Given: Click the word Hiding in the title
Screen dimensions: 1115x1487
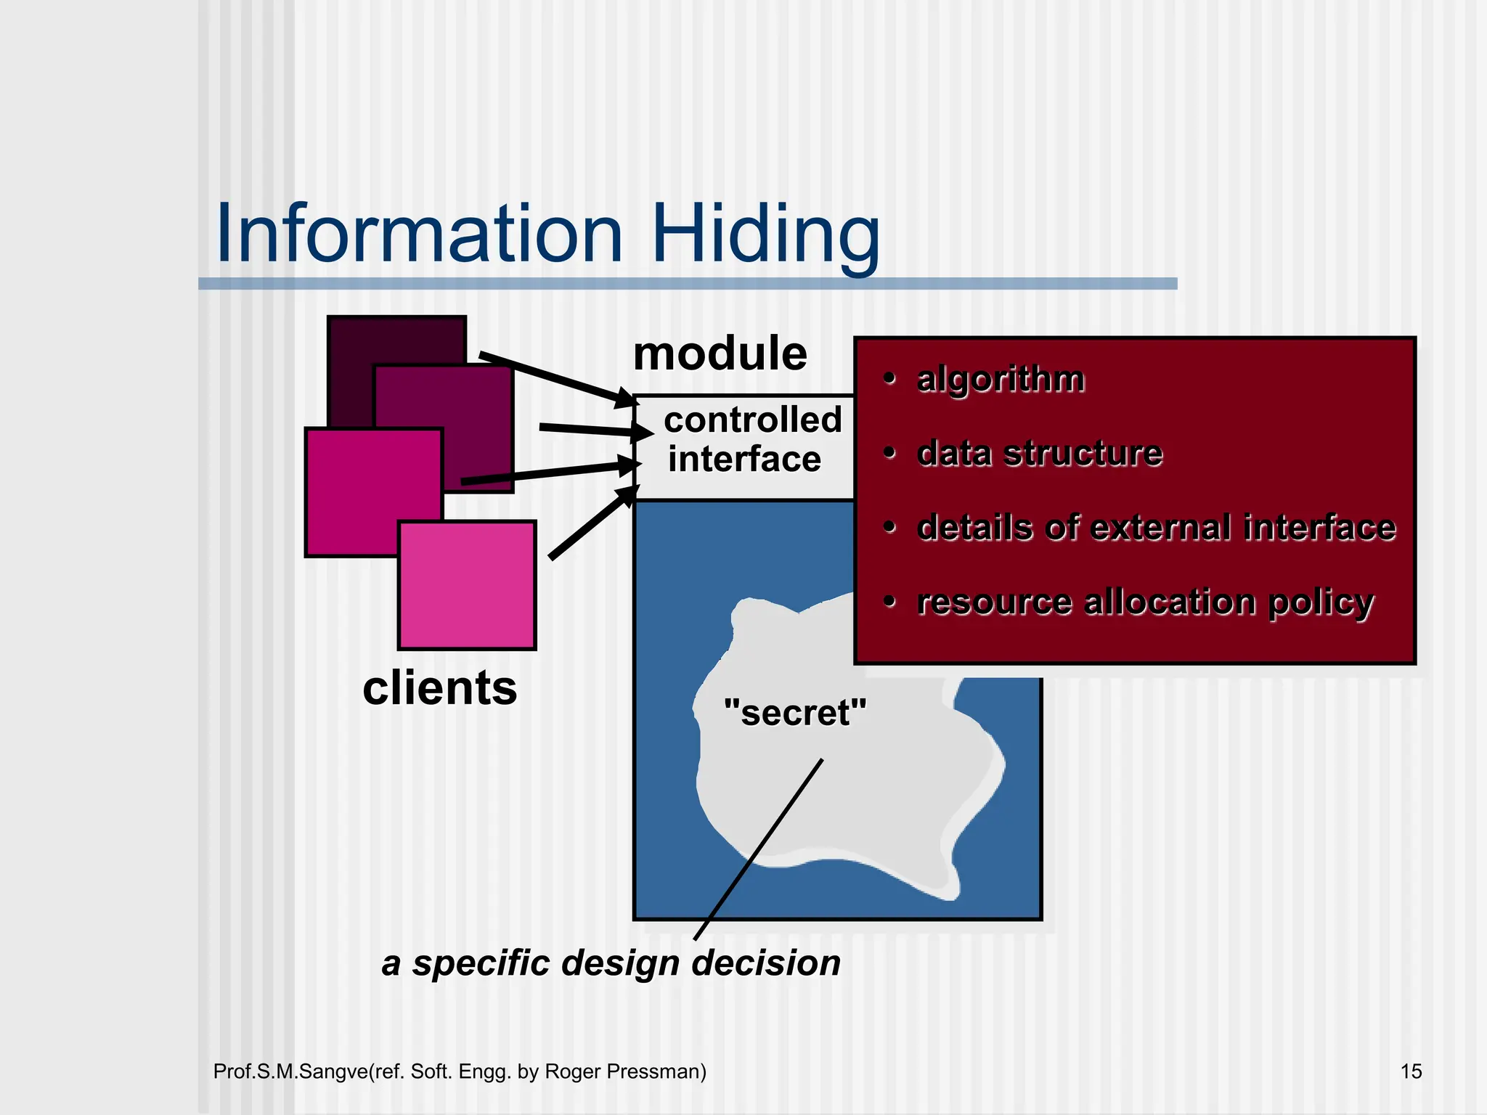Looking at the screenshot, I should tap(766, 234).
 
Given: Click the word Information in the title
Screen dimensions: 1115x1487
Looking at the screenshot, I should tap(419, 234).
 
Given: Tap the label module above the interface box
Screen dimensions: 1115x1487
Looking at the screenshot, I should tap(720, 354).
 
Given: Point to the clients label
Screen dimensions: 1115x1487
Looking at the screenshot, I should tap(439, 687).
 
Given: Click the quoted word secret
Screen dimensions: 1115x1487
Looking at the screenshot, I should tap(795, 712).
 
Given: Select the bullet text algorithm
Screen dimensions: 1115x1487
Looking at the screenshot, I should tap(1000, 379).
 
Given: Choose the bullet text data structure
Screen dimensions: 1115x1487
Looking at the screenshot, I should tap(1039, 453).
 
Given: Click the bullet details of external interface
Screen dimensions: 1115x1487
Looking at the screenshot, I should tap(1155, 527).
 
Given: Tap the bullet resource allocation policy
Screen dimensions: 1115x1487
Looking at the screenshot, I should tap(1144, 602).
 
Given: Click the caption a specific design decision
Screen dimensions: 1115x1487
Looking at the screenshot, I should tap(611, 963).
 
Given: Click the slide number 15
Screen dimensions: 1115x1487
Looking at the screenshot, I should tap(1410, 1071).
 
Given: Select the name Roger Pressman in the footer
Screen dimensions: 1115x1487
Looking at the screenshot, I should tap(625, 1071).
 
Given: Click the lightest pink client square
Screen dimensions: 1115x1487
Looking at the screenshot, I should tap(467, 585).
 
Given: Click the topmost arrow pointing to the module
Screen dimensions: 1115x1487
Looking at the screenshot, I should tap(555, 377).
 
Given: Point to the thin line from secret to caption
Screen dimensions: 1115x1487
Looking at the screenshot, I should tap(759, 849).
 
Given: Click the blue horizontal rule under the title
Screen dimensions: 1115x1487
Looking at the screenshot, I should tap(687, 284).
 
